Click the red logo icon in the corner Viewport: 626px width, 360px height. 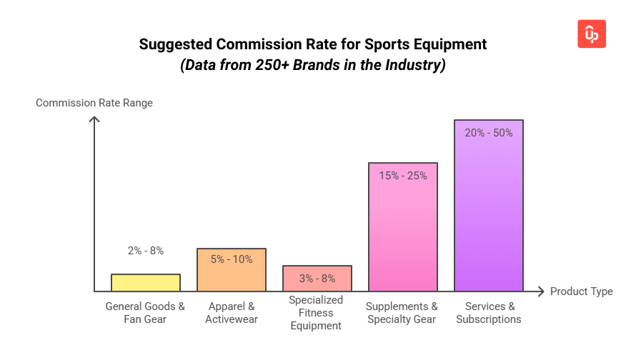point(591,34)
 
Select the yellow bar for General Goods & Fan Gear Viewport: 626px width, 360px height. point(146,283)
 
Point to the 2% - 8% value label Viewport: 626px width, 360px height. point(146,251)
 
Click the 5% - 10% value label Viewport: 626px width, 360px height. point(232,259)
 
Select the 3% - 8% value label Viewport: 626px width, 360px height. point(317,277)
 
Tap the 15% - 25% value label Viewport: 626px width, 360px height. point(403,175)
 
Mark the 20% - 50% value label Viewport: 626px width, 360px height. point(489,133)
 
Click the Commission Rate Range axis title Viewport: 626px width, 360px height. point(94,103)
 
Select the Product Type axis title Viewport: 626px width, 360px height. point(581,291)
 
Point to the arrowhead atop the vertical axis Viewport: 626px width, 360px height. point(94,119)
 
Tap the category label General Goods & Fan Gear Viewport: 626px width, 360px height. point(146,313)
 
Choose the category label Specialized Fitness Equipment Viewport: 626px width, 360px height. point(317,313)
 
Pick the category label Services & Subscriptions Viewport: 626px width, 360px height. point(489,313)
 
